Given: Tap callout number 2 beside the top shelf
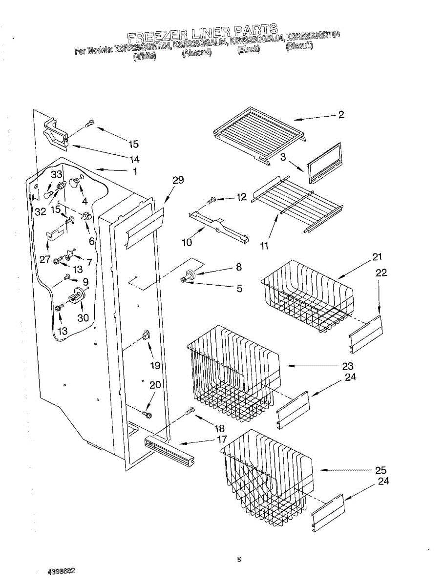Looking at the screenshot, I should click(341, 115).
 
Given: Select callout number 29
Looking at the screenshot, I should click(178, 180).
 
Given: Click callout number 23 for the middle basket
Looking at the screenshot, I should click(347, 366).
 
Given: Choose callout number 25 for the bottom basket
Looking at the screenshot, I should click(381, 471).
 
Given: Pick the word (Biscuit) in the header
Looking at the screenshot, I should click(299, 47).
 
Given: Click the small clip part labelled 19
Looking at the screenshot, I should click(146, 335).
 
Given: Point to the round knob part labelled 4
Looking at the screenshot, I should click(75, 182).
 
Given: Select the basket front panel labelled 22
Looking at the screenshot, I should click(366, 334).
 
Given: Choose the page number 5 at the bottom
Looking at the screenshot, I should click(239, 560).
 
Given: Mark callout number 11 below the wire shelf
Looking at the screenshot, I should click(264, 246).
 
